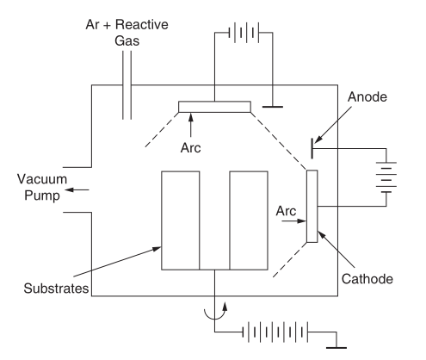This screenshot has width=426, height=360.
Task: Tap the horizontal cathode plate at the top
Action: tap(215, 107)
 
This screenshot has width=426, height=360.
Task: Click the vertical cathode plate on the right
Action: tap(312, 207)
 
